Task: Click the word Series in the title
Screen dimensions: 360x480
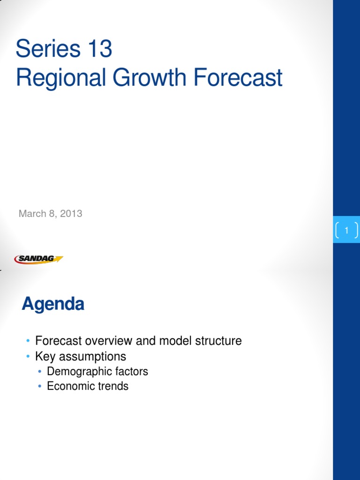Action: [x=48, y=48]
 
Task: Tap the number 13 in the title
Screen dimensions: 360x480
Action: [x=100, y=48]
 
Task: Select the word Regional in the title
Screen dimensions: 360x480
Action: [x=61, y=78]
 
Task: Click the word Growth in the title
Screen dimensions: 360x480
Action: [x=150, y=78]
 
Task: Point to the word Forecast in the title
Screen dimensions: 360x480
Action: [x=238, y=78]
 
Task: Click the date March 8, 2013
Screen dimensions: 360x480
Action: [x=51, y=213]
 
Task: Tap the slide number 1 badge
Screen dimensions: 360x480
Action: [x=346, y=230]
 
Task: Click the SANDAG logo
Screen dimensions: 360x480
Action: [x=38, y=259]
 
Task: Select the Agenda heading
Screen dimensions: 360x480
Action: [x=53, y=304]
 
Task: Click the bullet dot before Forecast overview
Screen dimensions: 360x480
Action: [x=28, y=341]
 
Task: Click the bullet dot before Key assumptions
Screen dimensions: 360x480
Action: [x=28, y=356]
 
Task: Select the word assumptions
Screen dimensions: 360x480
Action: [x=92, y=357]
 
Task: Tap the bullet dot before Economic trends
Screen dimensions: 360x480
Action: [x=40, y=386]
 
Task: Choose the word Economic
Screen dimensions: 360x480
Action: [x=69, y=386]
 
